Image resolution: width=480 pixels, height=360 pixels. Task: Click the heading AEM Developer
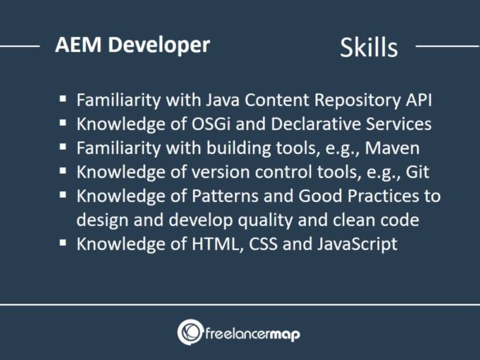(132, 45)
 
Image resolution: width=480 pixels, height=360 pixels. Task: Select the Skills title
(368, 47)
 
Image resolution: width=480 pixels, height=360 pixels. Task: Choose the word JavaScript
(352, 244)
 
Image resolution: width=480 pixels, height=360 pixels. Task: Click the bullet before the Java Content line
(63, 99)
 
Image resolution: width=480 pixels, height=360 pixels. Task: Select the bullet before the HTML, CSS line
(63, 244)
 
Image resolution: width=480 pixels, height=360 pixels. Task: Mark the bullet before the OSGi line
(63, 124)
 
